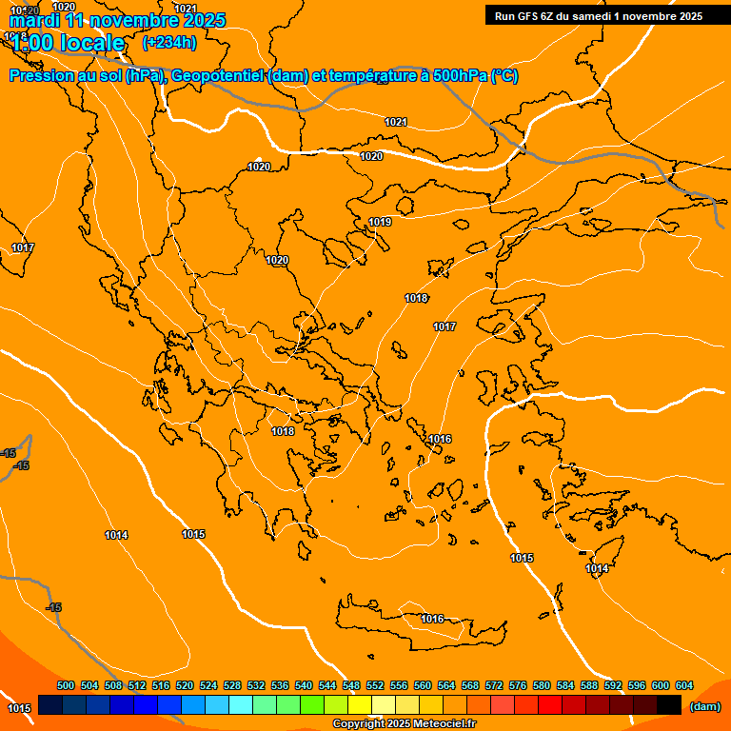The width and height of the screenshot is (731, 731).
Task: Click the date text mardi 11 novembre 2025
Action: coord(117,20)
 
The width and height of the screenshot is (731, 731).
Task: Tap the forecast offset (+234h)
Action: coord(168,42)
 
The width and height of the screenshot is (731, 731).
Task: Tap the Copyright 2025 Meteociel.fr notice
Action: coord(404,724)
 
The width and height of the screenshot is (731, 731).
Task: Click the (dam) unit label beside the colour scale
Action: coord(703,705)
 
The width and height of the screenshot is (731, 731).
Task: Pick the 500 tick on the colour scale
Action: coord(66,685)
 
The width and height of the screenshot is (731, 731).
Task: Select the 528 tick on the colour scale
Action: coord(232,685)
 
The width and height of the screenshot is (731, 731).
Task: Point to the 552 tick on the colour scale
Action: coord(375,685)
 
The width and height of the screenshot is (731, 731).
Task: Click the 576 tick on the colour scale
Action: coord(518,685)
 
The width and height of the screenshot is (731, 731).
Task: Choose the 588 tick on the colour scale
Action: coord(589,685)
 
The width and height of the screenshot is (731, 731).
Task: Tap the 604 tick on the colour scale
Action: coord(684,685)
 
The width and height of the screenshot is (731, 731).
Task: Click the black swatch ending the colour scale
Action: coord(668,705)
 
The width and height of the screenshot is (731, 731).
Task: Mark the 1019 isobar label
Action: coord(380,222)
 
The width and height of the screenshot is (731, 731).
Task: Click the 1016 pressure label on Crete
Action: coord(432,619)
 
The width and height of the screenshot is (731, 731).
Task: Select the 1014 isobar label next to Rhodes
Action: coord(597,568)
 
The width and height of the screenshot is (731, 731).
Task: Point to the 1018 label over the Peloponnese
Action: coord(283,431)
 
